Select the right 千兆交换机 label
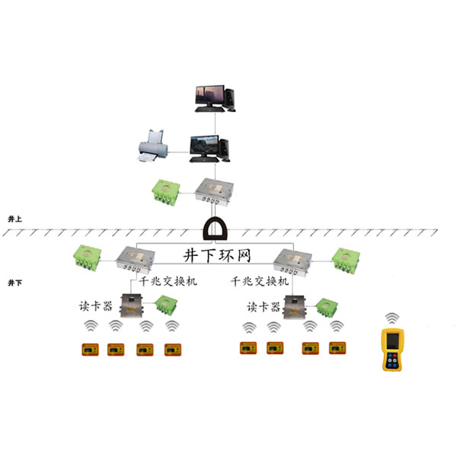(x=260, y=281)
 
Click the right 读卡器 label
(x=263, y=306)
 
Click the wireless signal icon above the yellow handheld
(x=391, y=318)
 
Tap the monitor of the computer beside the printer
(x=203, y=142)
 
